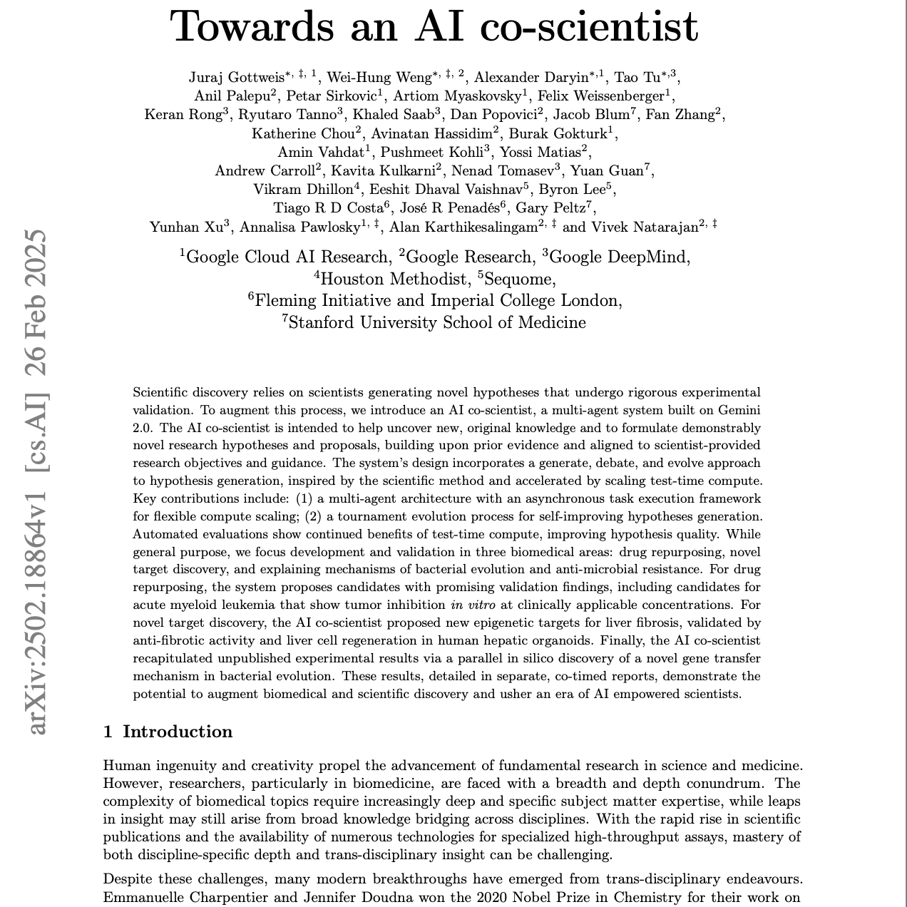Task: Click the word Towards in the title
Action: click(252, 26)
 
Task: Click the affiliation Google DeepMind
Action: click(619, 257)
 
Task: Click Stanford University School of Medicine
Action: click(436, 323)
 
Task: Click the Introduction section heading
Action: click(177, 732)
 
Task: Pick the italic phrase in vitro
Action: click(473, 605)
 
